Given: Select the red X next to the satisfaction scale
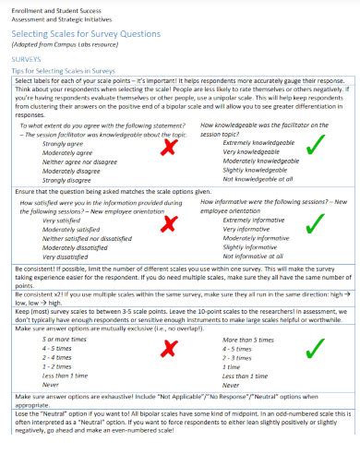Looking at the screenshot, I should coord(168,226).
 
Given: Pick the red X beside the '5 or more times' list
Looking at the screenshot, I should coord(168,348).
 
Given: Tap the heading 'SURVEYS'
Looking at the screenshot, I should coord(27,57).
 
